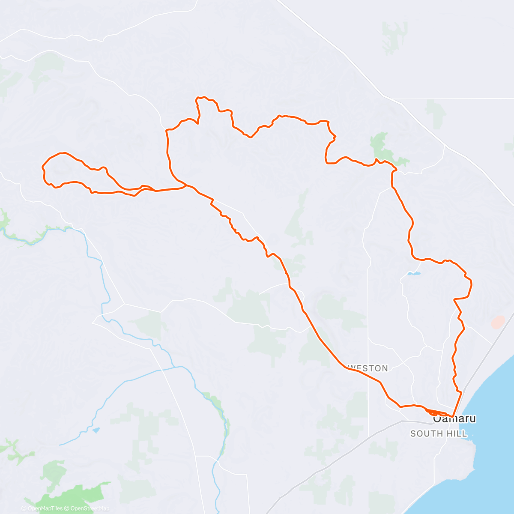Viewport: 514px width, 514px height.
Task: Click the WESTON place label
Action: [368, 368]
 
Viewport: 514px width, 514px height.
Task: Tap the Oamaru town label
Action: [455, 419]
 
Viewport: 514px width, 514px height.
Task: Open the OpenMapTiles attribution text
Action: [45, 508]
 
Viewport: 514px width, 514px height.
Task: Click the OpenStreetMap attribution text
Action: [89, 508]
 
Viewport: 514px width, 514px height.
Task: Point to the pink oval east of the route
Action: [498, 322]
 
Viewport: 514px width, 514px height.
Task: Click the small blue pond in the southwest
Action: [96, 429]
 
